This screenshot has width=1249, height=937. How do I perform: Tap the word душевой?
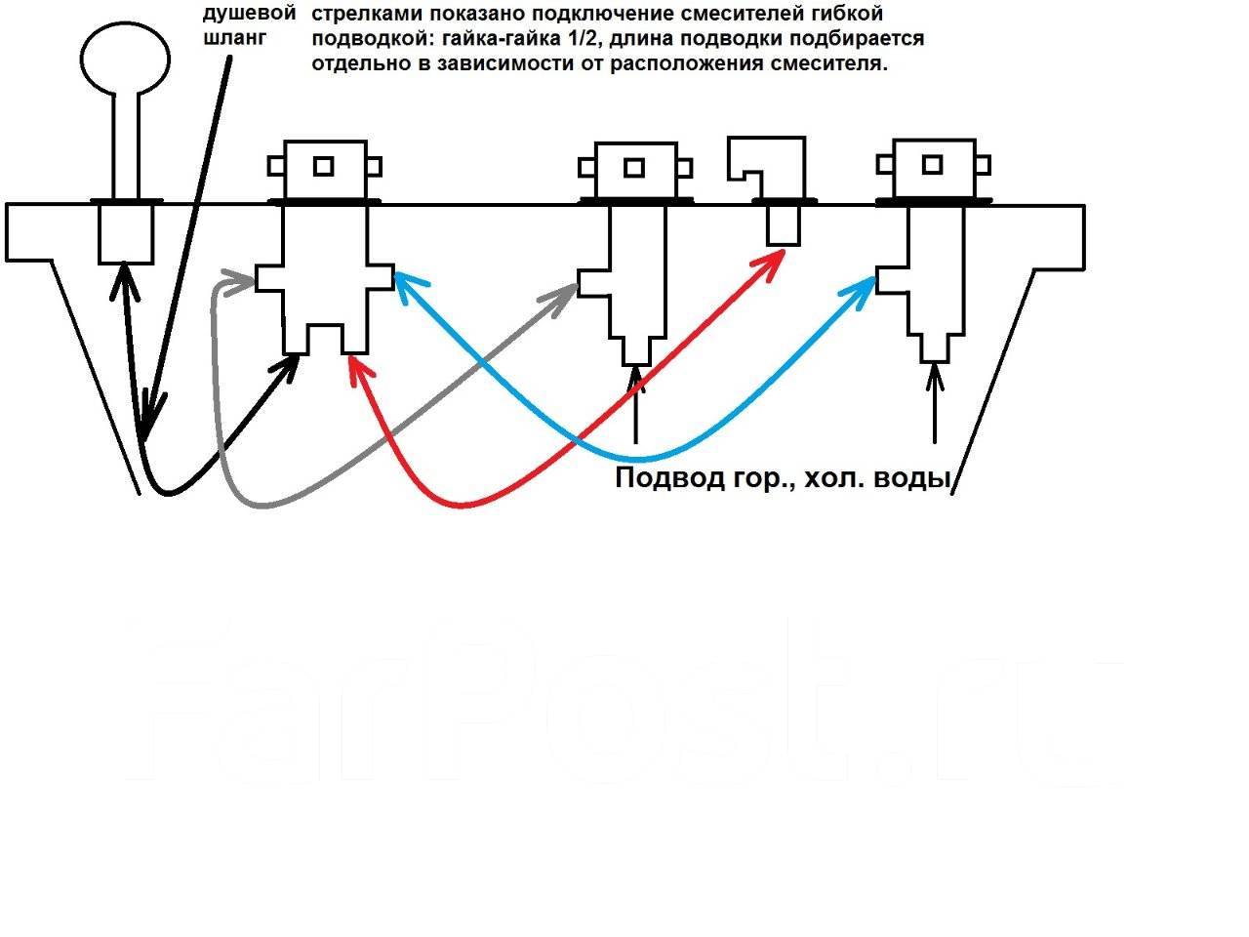[249, 13]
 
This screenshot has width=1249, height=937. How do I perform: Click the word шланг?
[234, 38]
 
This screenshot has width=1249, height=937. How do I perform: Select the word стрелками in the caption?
[366, 14]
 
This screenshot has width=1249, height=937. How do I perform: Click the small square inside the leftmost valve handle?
[324, 166]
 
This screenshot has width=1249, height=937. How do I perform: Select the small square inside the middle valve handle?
[634, 168]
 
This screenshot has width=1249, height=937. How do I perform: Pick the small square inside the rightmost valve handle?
[932, 165]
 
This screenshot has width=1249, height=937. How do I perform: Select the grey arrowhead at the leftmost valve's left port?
[239, 283]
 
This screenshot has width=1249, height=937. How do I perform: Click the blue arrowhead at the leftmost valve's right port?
[409, 284]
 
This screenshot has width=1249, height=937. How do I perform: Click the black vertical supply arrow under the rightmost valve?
[935, 403]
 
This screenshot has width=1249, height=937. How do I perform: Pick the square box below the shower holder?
[126, 234]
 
